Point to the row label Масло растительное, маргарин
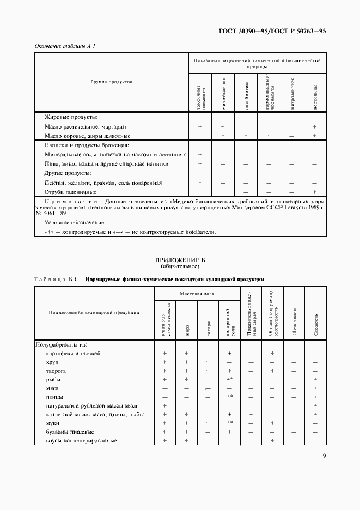point(87,126)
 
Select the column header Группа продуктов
point(111,81)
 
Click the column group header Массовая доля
point(197,294)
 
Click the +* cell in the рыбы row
point(229,380)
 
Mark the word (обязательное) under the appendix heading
point(180,267)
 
